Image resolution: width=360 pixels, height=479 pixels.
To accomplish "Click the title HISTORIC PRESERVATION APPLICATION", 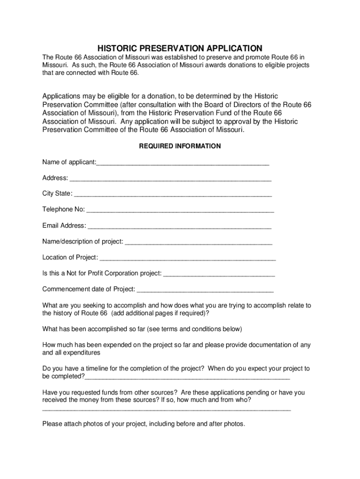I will pyautogui.click(x=180, y=49).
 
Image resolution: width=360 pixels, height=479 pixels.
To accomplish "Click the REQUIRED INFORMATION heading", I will pyautogui.click(x=180, y=146).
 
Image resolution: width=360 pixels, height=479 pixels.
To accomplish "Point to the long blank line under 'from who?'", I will pyautogui.click(x=166, y=410).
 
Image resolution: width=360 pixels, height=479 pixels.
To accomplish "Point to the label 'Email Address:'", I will pyautogui.click(x=64, y=225).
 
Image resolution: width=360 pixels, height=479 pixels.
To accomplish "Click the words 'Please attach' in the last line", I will pyautogui.click(x=62, y=424).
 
